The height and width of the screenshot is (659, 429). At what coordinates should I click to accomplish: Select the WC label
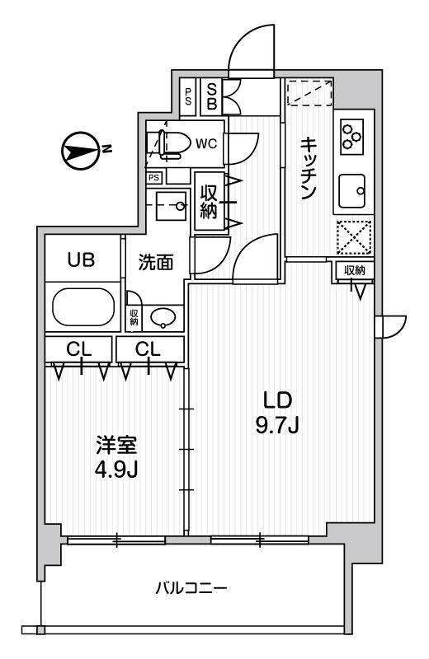tap(206, 143)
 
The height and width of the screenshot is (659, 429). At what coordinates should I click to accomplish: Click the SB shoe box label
tap(212, 96)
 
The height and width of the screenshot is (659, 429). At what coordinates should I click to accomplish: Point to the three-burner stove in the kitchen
tap(351, 135)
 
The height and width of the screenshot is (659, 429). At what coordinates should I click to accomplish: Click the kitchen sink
tap(352, 191)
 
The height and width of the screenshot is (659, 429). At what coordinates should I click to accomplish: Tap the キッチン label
tap(309, 169)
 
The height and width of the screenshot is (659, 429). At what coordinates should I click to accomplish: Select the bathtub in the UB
tap(83, 306)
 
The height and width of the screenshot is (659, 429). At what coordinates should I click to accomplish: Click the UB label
tap(81, 259)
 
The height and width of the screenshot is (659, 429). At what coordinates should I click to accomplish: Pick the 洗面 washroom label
tap(156, 263)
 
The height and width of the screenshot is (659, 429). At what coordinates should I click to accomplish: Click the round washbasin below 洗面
tap(164, 318)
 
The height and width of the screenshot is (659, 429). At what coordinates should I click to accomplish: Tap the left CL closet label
tap(78, 348)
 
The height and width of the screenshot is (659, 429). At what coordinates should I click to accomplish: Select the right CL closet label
tap(148, 348)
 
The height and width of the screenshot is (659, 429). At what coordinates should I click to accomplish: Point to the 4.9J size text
tap(115, 470)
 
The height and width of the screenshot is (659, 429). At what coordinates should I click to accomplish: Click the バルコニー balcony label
tap(191, 588)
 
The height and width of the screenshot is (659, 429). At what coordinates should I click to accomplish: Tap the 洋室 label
tap(116, 446)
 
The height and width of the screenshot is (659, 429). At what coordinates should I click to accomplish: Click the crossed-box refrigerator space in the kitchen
tap(354, 237)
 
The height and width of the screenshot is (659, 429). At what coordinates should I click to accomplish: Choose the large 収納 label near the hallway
tap(209, 201)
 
